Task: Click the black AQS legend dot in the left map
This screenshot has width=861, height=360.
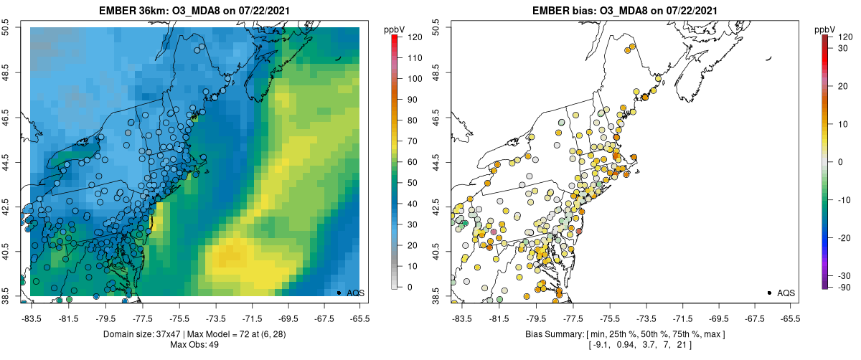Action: coord(339,293)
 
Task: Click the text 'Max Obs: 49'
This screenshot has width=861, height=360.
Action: coord(194,345)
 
